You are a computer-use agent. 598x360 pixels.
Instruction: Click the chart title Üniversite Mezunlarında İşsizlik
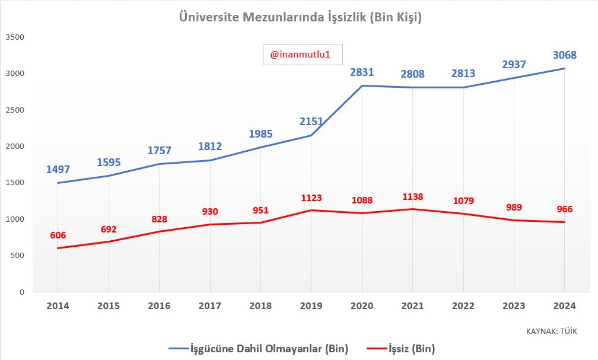(x=300, y=18)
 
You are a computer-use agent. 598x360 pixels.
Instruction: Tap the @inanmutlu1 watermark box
(x=303, y=55)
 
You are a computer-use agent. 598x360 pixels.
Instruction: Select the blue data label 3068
(x=564, y=55)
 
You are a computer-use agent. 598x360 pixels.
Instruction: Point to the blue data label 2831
(x=362, y=72)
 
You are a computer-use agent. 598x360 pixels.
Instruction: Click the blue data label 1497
(x=58, y=169)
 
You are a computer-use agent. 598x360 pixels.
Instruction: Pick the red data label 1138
(x=412, y=196)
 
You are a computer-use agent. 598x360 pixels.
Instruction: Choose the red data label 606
(x=58, y=235)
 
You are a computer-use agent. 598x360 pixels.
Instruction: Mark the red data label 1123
(x=311, y=197)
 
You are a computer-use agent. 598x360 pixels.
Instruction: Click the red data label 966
(x=564, y=209)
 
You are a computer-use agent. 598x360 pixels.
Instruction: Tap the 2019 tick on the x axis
(x=311, y=306)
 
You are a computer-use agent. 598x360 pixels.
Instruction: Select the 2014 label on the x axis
(x=58, y=306)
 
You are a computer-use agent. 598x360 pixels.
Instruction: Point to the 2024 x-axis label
(x=564, y=306)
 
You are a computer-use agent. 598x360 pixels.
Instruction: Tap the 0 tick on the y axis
(x=21, y=292)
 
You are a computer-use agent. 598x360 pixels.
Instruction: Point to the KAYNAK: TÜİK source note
(x=551, y=331)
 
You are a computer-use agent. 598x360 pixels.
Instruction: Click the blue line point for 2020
(x=362, y=86)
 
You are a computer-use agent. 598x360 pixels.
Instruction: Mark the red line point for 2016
(x=159, y=231)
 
